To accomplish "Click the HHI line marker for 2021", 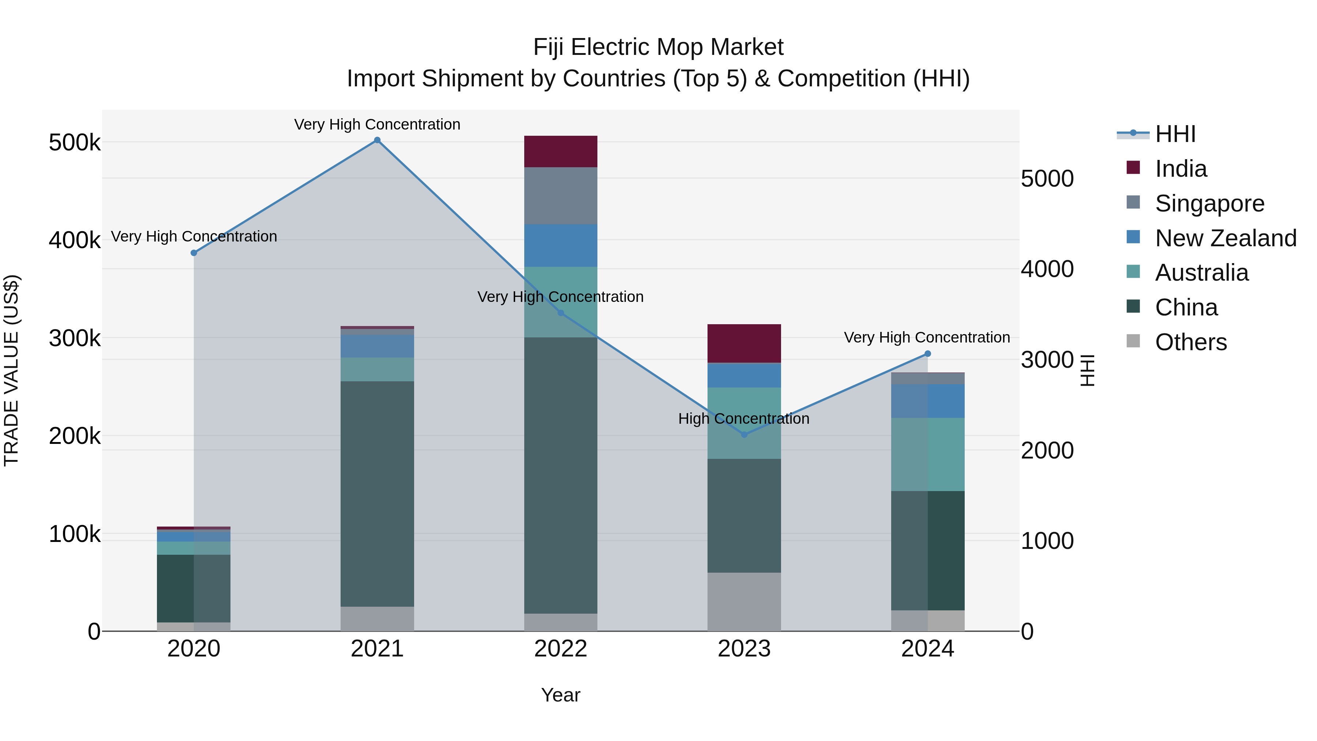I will pyautogui.click(x=377, y=140).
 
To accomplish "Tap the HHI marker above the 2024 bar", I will pyautogui.click(x=928, y=354).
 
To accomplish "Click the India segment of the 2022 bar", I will pyautogui.click(x=561, y=151).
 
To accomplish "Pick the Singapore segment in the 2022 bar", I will pyautogui.click(x=561, y=196).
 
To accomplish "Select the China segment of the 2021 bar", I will pyautogui.click(x=377, y=494).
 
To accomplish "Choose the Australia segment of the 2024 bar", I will pyautogui.click(x=928, y=454).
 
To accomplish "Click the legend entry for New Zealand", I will pyautogui.click(x=1226, y=238).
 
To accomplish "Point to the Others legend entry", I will pyautogui.click(x=1191, y=342).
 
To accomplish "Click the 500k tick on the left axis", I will pyautogui.click(x=75, y=143).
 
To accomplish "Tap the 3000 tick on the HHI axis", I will pyautogui.click(x=1047, y=360).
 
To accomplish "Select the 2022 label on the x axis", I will pyautogui.click(x=561, y=649).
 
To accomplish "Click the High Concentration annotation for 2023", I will pyautogui.click(x=744, y=419).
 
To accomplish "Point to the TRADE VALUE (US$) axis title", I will pyautogui.click(x=12, y=370).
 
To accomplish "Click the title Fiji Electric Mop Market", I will pyautogui.click(x=658, y=47).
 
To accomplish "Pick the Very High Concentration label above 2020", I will pyautogui.click(x=194, y=236).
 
